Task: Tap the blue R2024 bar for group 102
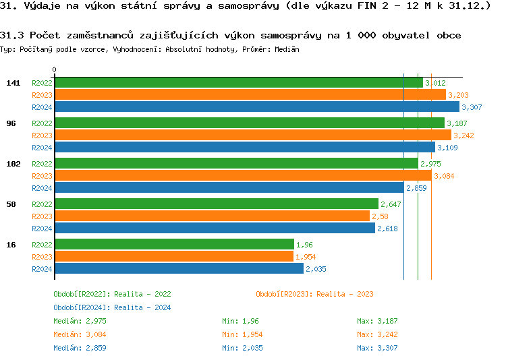tap(229, 188)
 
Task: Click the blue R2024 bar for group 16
tap(179, 268)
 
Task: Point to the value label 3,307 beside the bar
tap(472, 107)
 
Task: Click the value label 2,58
tap(380, 216)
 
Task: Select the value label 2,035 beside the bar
tap(316, 269)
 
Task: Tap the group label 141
tap(13, 83)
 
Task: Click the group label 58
tap(11, 204)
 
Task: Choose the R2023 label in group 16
tap(42, 257)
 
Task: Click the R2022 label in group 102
tap(42, 164)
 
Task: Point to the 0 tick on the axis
tap(54, 69)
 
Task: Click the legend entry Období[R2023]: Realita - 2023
tap(314, 294)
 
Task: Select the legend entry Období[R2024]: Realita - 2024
tap(112, 307)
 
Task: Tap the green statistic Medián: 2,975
tap(80, 321)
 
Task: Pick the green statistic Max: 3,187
tap(377, 321)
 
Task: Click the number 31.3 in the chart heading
tap(13, 35)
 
